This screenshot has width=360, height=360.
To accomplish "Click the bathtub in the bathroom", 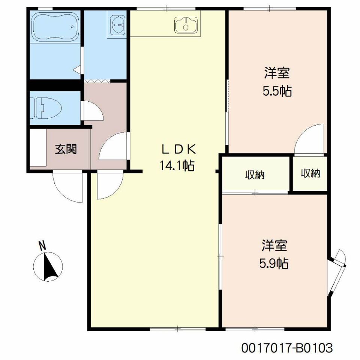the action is pos(55,26).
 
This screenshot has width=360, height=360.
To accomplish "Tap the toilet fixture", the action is pos(46,108).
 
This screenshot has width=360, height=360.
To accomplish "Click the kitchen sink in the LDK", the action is pos(186,25).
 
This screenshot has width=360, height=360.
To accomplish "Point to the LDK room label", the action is pos(178,150).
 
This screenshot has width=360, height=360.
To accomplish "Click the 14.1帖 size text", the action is pos(177,166).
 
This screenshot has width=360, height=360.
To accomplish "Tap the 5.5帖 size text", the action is pos(277,91).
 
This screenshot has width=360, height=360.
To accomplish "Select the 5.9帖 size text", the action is pos(274,264).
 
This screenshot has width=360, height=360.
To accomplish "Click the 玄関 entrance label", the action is pos(66,149).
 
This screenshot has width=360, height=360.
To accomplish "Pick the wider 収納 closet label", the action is pos(255,175).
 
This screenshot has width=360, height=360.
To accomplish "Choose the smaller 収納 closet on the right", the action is pos(310,173).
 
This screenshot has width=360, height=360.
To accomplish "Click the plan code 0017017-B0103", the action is pos(287,348).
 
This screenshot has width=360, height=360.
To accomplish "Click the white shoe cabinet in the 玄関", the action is pos(38,147).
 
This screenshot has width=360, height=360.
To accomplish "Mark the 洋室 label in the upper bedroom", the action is pos(277,73).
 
